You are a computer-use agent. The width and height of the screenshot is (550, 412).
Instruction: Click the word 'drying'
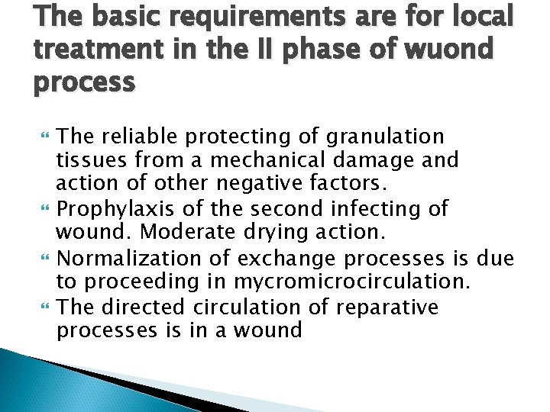point(312,230)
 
